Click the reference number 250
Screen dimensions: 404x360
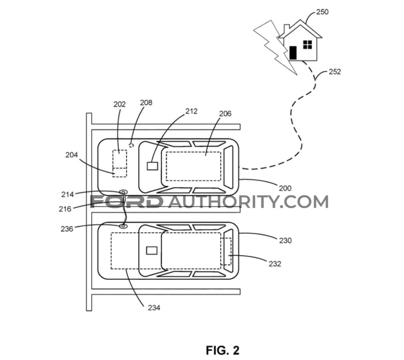click(x=322, y=12)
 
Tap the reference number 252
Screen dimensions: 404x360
click(x=335, y=72)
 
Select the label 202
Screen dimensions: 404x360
click(x=120, y=104)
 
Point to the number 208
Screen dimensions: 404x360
click(x=146, y=103)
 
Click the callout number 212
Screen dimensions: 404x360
click(x=191, y=111)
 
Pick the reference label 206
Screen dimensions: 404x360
click(x=225, y=114)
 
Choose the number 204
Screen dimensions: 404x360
click(x=71, y=155)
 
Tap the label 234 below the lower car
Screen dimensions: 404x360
click(x=154, y=308)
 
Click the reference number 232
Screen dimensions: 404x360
click(x=275, y=264)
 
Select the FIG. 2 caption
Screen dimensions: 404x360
click(x=223, y=351)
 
